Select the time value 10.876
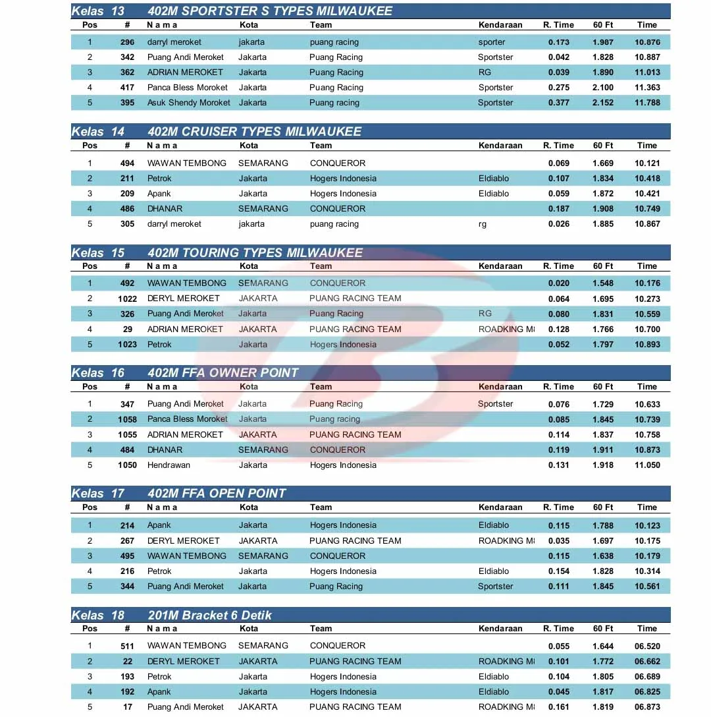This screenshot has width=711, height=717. pos(647,42)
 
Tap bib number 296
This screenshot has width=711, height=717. pos(127,42)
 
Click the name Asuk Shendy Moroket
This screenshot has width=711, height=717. pos(189,103)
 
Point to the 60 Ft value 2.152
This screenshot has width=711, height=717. pos(603,103)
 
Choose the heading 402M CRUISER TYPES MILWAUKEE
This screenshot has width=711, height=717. pos(255,132)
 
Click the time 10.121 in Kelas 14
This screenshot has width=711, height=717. pos(647,163)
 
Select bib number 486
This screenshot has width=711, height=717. pos(127,209)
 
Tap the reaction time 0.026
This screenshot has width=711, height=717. pos(559,224)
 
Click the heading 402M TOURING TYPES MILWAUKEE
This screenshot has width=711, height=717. pos(255,253)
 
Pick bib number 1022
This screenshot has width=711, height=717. pos(127,299)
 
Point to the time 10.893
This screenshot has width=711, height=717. pos(647,345)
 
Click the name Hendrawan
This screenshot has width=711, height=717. pos(169,465)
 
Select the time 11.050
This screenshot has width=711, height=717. pos(647,465)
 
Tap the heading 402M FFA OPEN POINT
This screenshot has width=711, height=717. pos(217,494)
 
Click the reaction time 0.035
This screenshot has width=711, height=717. pos(559,541)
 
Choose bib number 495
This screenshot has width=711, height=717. pos(127,556)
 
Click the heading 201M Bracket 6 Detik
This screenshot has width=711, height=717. pos(210,616)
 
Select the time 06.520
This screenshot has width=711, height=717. pos(647,646)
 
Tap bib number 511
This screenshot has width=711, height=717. pos(127,646)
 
